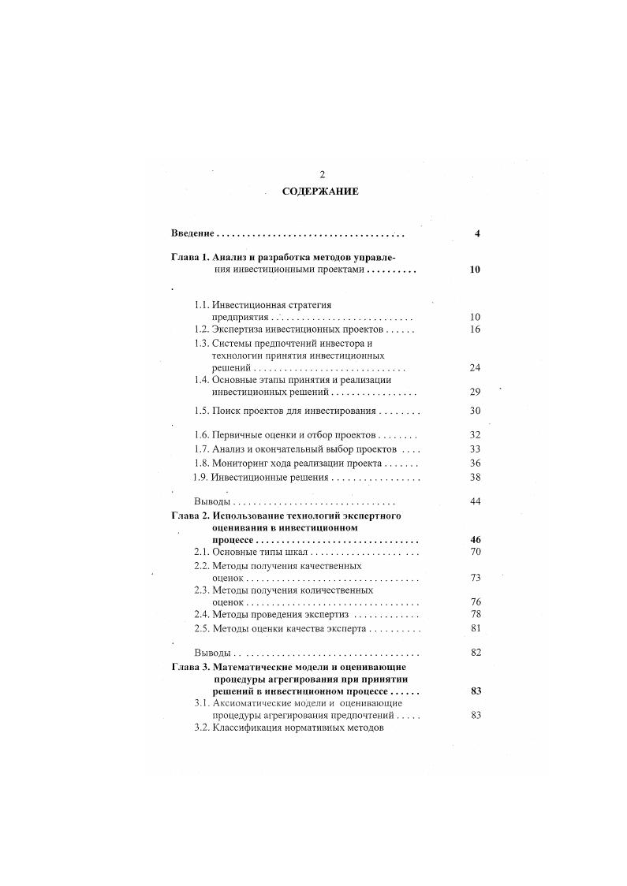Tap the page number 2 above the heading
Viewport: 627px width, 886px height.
coord(321,174)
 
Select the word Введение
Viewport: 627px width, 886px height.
coord(192,234)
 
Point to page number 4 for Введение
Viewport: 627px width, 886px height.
coord(477,234)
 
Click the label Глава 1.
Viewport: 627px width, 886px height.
coord(189,257)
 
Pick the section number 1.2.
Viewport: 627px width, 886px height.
coord(202,329)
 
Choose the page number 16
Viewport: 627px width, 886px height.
coord(475,329)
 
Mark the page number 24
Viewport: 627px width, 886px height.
coord(475,368)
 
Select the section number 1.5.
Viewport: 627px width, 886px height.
coord(202,411)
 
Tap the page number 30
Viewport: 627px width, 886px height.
coord(475,411)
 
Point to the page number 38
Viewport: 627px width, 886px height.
coord(475,478)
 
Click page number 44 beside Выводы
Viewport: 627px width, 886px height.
coord(475,501)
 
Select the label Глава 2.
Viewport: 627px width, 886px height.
coord(189,516)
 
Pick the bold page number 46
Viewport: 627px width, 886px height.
coord(475,540)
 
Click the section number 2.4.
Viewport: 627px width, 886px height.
coord(202,614)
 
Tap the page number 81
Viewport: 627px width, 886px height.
coord(475,628)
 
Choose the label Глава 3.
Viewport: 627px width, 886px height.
coord(189,667)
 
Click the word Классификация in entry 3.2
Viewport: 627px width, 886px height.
coord(250,728)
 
